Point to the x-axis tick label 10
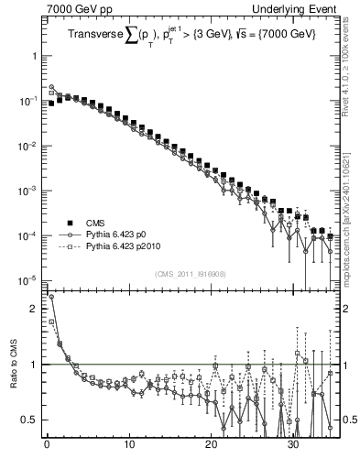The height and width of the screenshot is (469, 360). coord(128,451)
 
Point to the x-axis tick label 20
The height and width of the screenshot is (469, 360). coord(212,451)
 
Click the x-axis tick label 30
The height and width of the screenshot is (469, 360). coord(294,451)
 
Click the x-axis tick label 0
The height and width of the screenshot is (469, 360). coord(47,451)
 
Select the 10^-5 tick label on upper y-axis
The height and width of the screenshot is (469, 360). coord(28,280)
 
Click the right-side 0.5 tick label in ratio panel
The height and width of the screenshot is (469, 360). coord(348,420)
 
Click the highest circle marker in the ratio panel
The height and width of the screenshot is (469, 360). coord(51,297)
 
